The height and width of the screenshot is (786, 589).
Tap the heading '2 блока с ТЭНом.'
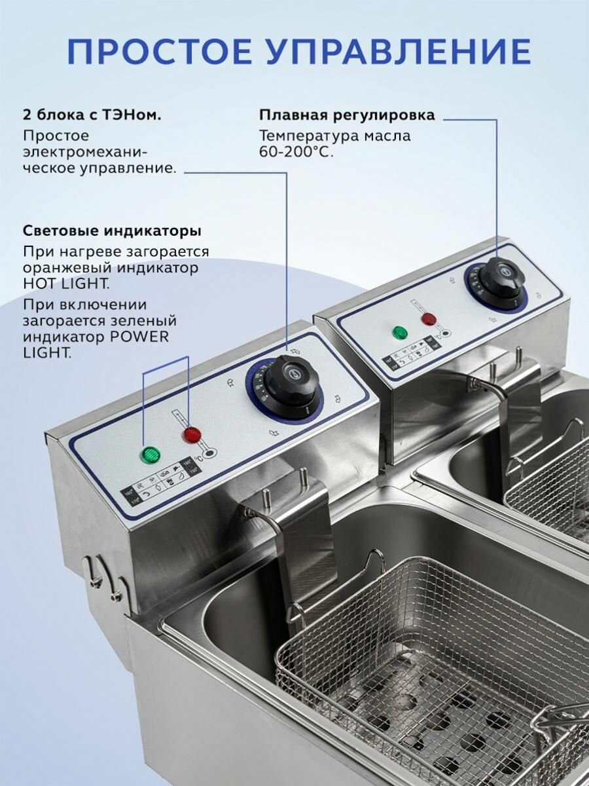92,115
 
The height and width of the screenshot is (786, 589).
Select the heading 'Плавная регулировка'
347,115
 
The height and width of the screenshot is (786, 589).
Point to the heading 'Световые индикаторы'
112,231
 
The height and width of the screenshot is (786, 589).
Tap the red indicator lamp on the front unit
192,434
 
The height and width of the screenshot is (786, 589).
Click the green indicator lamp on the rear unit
399,332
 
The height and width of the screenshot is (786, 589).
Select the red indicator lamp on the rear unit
429,320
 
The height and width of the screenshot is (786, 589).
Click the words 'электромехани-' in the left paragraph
85,152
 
